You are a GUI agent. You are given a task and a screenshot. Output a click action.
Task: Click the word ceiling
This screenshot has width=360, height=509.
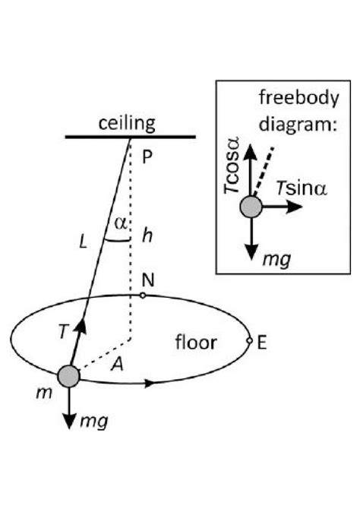[127, 124]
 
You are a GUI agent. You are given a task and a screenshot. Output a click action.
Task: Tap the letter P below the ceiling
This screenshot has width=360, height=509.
[147, 157]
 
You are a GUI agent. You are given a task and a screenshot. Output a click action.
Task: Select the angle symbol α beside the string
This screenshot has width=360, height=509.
[121, 224]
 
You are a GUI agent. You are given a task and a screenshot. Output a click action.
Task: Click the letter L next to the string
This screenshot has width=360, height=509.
[84, 242]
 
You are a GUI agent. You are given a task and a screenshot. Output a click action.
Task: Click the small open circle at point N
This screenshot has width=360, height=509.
[142, 296]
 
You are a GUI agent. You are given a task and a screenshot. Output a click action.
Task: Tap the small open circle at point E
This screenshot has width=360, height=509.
[249, 340]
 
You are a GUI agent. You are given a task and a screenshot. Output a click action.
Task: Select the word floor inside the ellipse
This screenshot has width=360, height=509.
[196, 343]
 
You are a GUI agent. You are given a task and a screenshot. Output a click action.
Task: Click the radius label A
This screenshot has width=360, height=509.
[117, 364]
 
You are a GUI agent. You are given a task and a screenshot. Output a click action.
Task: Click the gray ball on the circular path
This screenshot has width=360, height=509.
[68, 376]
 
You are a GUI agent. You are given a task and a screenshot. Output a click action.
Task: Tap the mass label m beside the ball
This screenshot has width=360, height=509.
[44, 394]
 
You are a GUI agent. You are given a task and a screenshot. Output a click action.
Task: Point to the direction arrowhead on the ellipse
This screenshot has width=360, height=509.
[149, 384]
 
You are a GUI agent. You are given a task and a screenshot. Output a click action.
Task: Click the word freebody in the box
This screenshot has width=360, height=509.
[298, 98]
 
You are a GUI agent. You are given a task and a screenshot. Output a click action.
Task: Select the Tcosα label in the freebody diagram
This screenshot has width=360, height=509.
[232, 166]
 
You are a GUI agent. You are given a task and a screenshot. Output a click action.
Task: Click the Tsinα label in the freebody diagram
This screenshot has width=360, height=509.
[302, 188]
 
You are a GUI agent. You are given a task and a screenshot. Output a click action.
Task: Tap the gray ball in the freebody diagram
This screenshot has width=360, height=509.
[251, 207]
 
